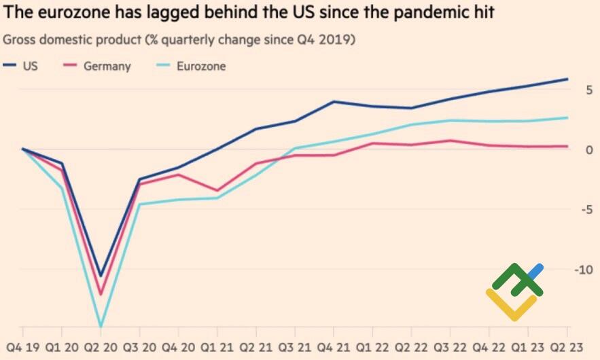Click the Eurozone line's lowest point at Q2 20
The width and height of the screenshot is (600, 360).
click(x=101, y=327)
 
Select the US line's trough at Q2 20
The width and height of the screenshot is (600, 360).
click(x=101, y=276)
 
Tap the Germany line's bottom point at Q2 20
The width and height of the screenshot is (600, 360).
click(x=101, y=295)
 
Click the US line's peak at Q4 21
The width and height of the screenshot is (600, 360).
click(x=334, y=102)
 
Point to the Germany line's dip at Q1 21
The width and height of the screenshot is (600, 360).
click(x=217, y=191)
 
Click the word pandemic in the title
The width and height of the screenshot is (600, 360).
click(x=412, y=14)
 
